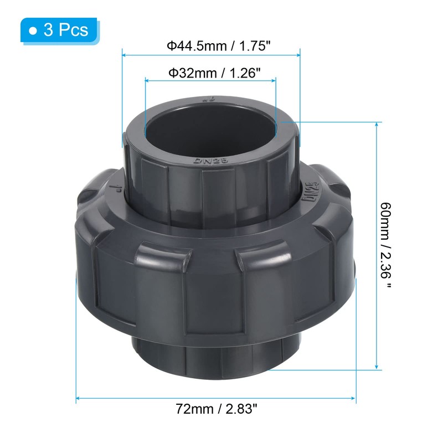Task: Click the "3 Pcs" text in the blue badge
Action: coord(65,29)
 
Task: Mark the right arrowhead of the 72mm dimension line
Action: coord(353,398)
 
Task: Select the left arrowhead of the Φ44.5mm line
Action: coord(125,55)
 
